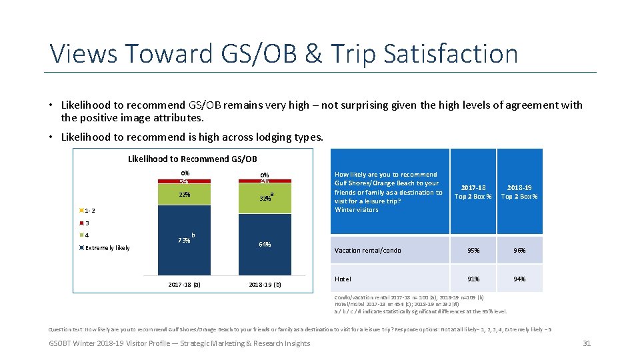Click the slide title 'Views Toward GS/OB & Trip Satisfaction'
click(284, 53)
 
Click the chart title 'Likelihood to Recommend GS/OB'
click(192, 159)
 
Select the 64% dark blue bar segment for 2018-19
click(265, 244)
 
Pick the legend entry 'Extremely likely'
click(107, 248)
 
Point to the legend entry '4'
click(86, 235)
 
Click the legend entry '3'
click(86, 223)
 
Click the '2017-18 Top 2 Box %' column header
click(473, 192)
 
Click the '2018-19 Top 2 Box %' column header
click(519, 192)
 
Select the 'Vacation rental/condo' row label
click(368, 251)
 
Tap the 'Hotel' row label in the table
click(343, 279)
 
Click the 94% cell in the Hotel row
click(519, 279)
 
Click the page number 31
click(587, 343)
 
